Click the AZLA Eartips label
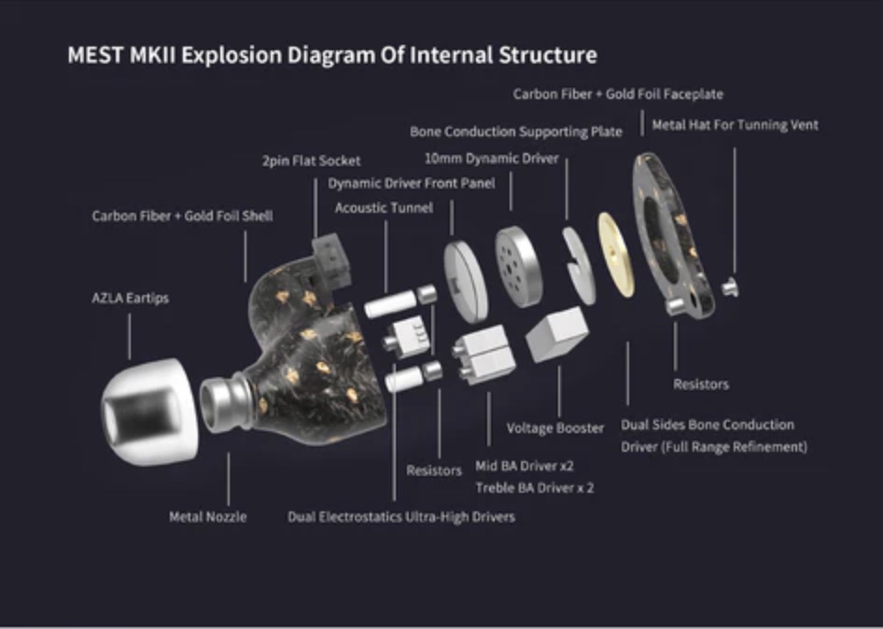pos(130,299)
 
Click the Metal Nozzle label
pos(208,516)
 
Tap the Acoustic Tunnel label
pos(384,207)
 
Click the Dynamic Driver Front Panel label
pos(412,183)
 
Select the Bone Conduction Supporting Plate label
pos(515,132)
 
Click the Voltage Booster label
pos(555,427)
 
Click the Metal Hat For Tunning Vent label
pos(735,124)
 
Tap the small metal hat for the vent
pos(731,287)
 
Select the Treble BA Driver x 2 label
pos(534,487)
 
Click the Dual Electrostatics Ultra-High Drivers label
pos(400,516)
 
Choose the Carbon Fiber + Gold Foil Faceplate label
pos(618,93)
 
